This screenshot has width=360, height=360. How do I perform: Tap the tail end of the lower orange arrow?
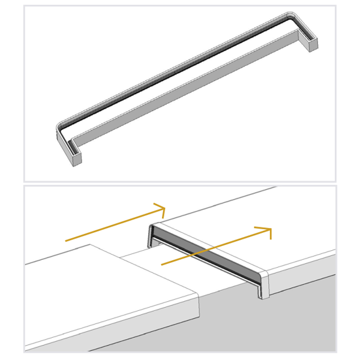point(161,263)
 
